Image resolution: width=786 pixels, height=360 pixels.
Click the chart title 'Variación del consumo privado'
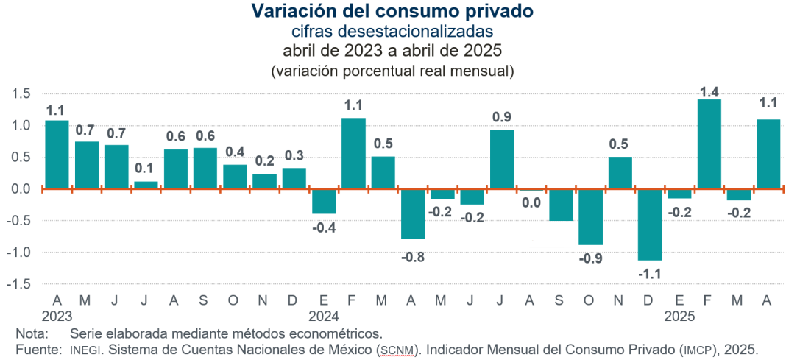(392, 11)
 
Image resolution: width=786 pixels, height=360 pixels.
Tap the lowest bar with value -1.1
(650, 225)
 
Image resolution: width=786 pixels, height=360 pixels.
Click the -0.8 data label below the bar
(413, 257)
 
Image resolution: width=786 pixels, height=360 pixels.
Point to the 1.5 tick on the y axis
(21, 93)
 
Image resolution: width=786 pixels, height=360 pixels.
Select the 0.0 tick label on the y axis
(21, 189)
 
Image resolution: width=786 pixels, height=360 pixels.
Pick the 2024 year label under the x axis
(324, 317)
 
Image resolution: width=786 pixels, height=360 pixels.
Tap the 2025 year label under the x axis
(679, 317)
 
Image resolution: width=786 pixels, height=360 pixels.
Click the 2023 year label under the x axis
(57, 317)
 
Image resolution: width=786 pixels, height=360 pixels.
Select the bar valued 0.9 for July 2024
(502, 160)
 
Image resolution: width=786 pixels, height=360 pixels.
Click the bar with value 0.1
(146, 186)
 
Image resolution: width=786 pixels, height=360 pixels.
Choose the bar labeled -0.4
(324, 202)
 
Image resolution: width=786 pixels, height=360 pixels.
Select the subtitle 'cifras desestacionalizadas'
(392, 31)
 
